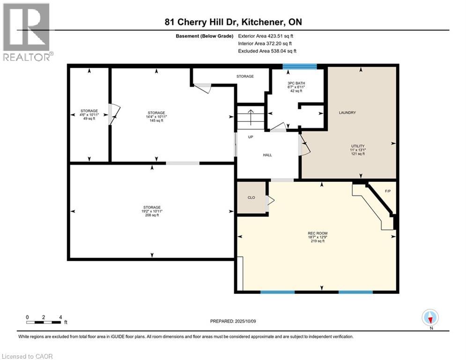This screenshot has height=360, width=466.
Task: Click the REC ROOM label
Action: (x=318, y=233)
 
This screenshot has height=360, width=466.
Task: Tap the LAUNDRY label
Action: (x=347, y=112)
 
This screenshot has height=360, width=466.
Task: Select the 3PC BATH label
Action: (x=296, y=83)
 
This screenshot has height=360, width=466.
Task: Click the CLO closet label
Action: (x=251, y=197)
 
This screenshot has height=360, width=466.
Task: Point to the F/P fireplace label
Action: (x=387, y=191)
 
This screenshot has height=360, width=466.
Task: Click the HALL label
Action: (x=267, y=155)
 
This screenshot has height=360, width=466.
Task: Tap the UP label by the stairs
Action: (x=251, y=137)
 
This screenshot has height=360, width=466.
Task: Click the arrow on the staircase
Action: (x=251, y=117)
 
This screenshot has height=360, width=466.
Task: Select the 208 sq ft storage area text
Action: (x=152, y=215)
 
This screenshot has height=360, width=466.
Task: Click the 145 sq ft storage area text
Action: (x=156, y=120)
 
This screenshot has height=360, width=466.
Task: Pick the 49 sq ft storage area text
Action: (x=89, y=119)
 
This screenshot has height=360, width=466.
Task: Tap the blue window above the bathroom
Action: (x=299, y=67)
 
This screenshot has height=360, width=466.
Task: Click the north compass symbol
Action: (x=430, y=317)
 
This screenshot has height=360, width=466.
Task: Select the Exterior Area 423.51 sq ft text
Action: (x=266, y=36)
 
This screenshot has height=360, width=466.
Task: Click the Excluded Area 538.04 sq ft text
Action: (x=267, y=51)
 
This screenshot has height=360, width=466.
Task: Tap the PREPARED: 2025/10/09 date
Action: (x=233, y=321)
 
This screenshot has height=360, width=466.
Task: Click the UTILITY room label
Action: (x=358, y=146)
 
